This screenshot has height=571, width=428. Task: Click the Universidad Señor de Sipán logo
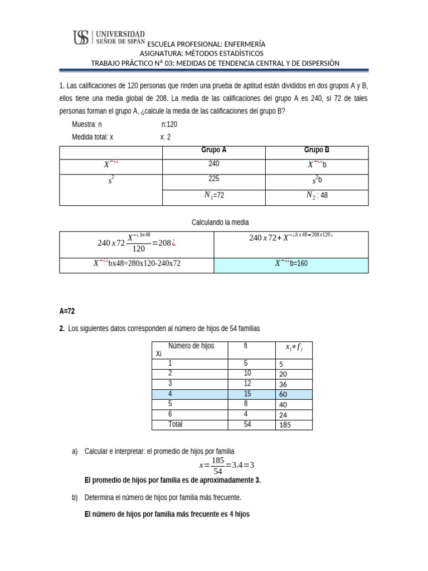point(109,37)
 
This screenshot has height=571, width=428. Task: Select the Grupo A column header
point(213,150)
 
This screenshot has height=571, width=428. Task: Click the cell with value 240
point(213,164)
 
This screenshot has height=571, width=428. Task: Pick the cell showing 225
point(213,180)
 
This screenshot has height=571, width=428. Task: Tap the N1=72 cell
point(213,196)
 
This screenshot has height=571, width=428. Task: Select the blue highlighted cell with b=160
point(290,264)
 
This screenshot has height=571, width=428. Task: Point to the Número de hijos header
point(191,346)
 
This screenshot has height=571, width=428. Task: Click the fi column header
point(247,346)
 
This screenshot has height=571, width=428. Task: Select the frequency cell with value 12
point(247,384)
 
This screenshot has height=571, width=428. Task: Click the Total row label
point(176,424)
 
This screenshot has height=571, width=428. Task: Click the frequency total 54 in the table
point(247,424)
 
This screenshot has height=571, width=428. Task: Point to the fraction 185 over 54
point(218,466)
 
